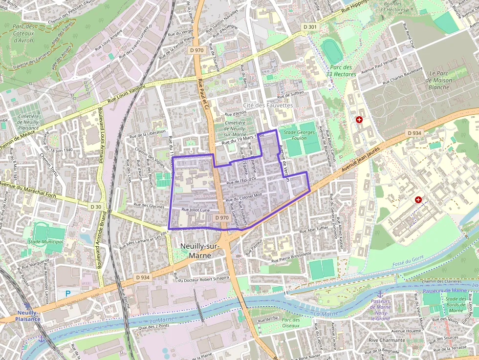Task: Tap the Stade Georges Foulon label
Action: click(300, 135)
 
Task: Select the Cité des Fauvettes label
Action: click(268, 105)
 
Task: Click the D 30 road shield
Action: click(96, 207)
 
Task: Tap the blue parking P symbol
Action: click(68, 294)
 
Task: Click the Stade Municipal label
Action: click(45, 242)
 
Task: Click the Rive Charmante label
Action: click(387, 340)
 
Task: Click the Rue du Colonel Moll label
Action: click(244, 197)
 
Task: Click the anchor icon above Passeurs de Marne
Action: click(379, 294)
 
